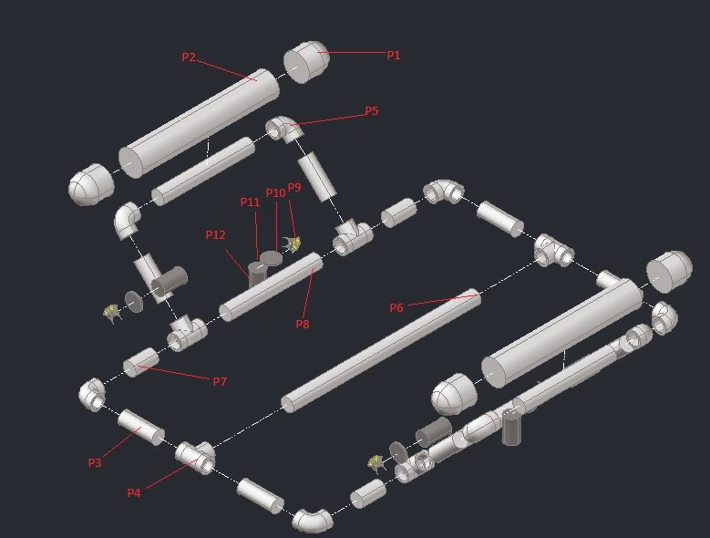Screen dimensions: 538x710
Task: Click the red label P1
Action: [x=394, y=56]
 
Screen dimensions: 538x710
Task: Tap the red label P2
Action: [x=189, y=57]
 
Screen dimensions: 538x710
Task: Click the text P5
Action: [x=371, y=111]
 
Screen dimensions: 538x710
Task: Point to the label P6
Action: [x=396, y=308]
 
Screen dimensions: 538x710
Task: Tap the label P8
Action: [x=303, y=324]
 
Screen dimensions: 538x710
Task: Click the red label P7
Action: [x=220, y=382]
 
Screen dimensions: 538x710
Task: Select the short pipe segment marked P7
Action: [x=141, y=362]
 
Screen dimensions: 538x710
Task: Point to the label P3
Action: [x=95, y=463]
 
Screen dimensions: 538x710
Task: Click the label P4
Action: [x=134, y=493]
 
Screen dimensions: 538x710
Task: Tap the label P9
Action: [x=293, y=188]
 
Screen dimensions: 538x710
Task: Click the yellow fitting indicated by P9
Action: [x=293, y=243]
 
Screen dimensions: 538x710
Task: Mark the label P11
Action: [x=251, y=202]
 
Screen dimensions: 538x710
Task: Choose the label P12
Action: [x=215, y=234]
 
